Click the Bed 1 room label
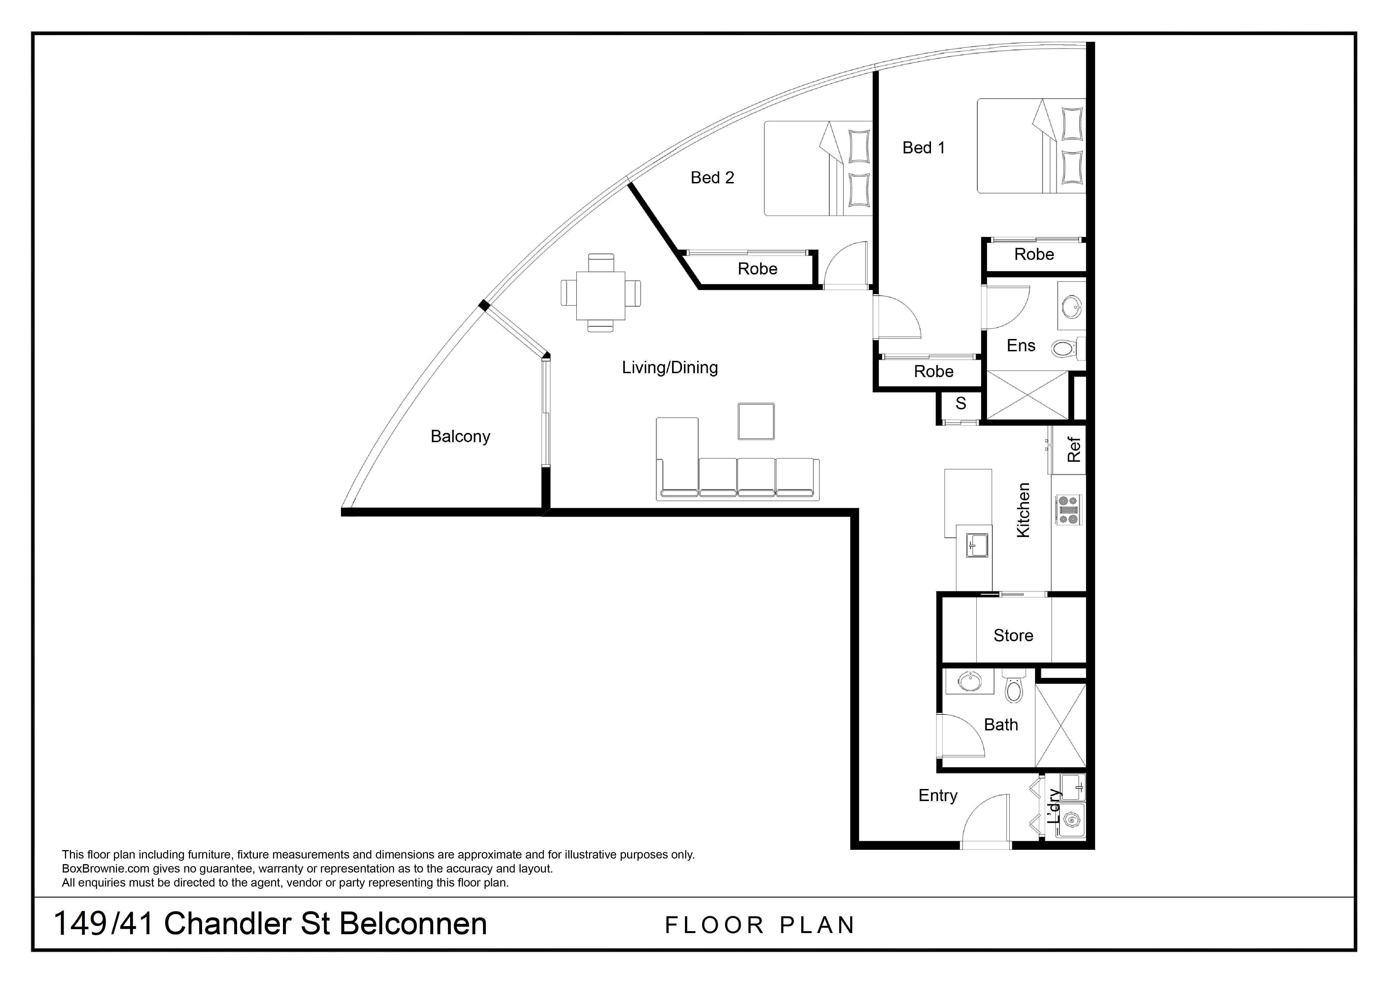tap(923, 148)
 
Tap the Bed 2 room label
tap(712, 178)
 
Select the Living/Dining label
tap(670, 367)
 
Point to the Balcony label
tap(460, 437)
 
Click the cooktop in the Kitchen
tap(1069, 510)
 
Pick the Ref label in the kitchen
tap(1074, 450)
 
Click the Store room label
tap(1013, 636)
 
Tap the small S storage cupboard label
tap(961, 403)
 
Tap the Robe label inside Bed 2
tap(758, 269)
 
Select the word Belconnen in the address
tap(413, 924)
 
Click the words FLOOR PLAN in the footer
tap(760, 926)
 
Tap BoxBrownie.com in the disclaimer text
tap(106, 869)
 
